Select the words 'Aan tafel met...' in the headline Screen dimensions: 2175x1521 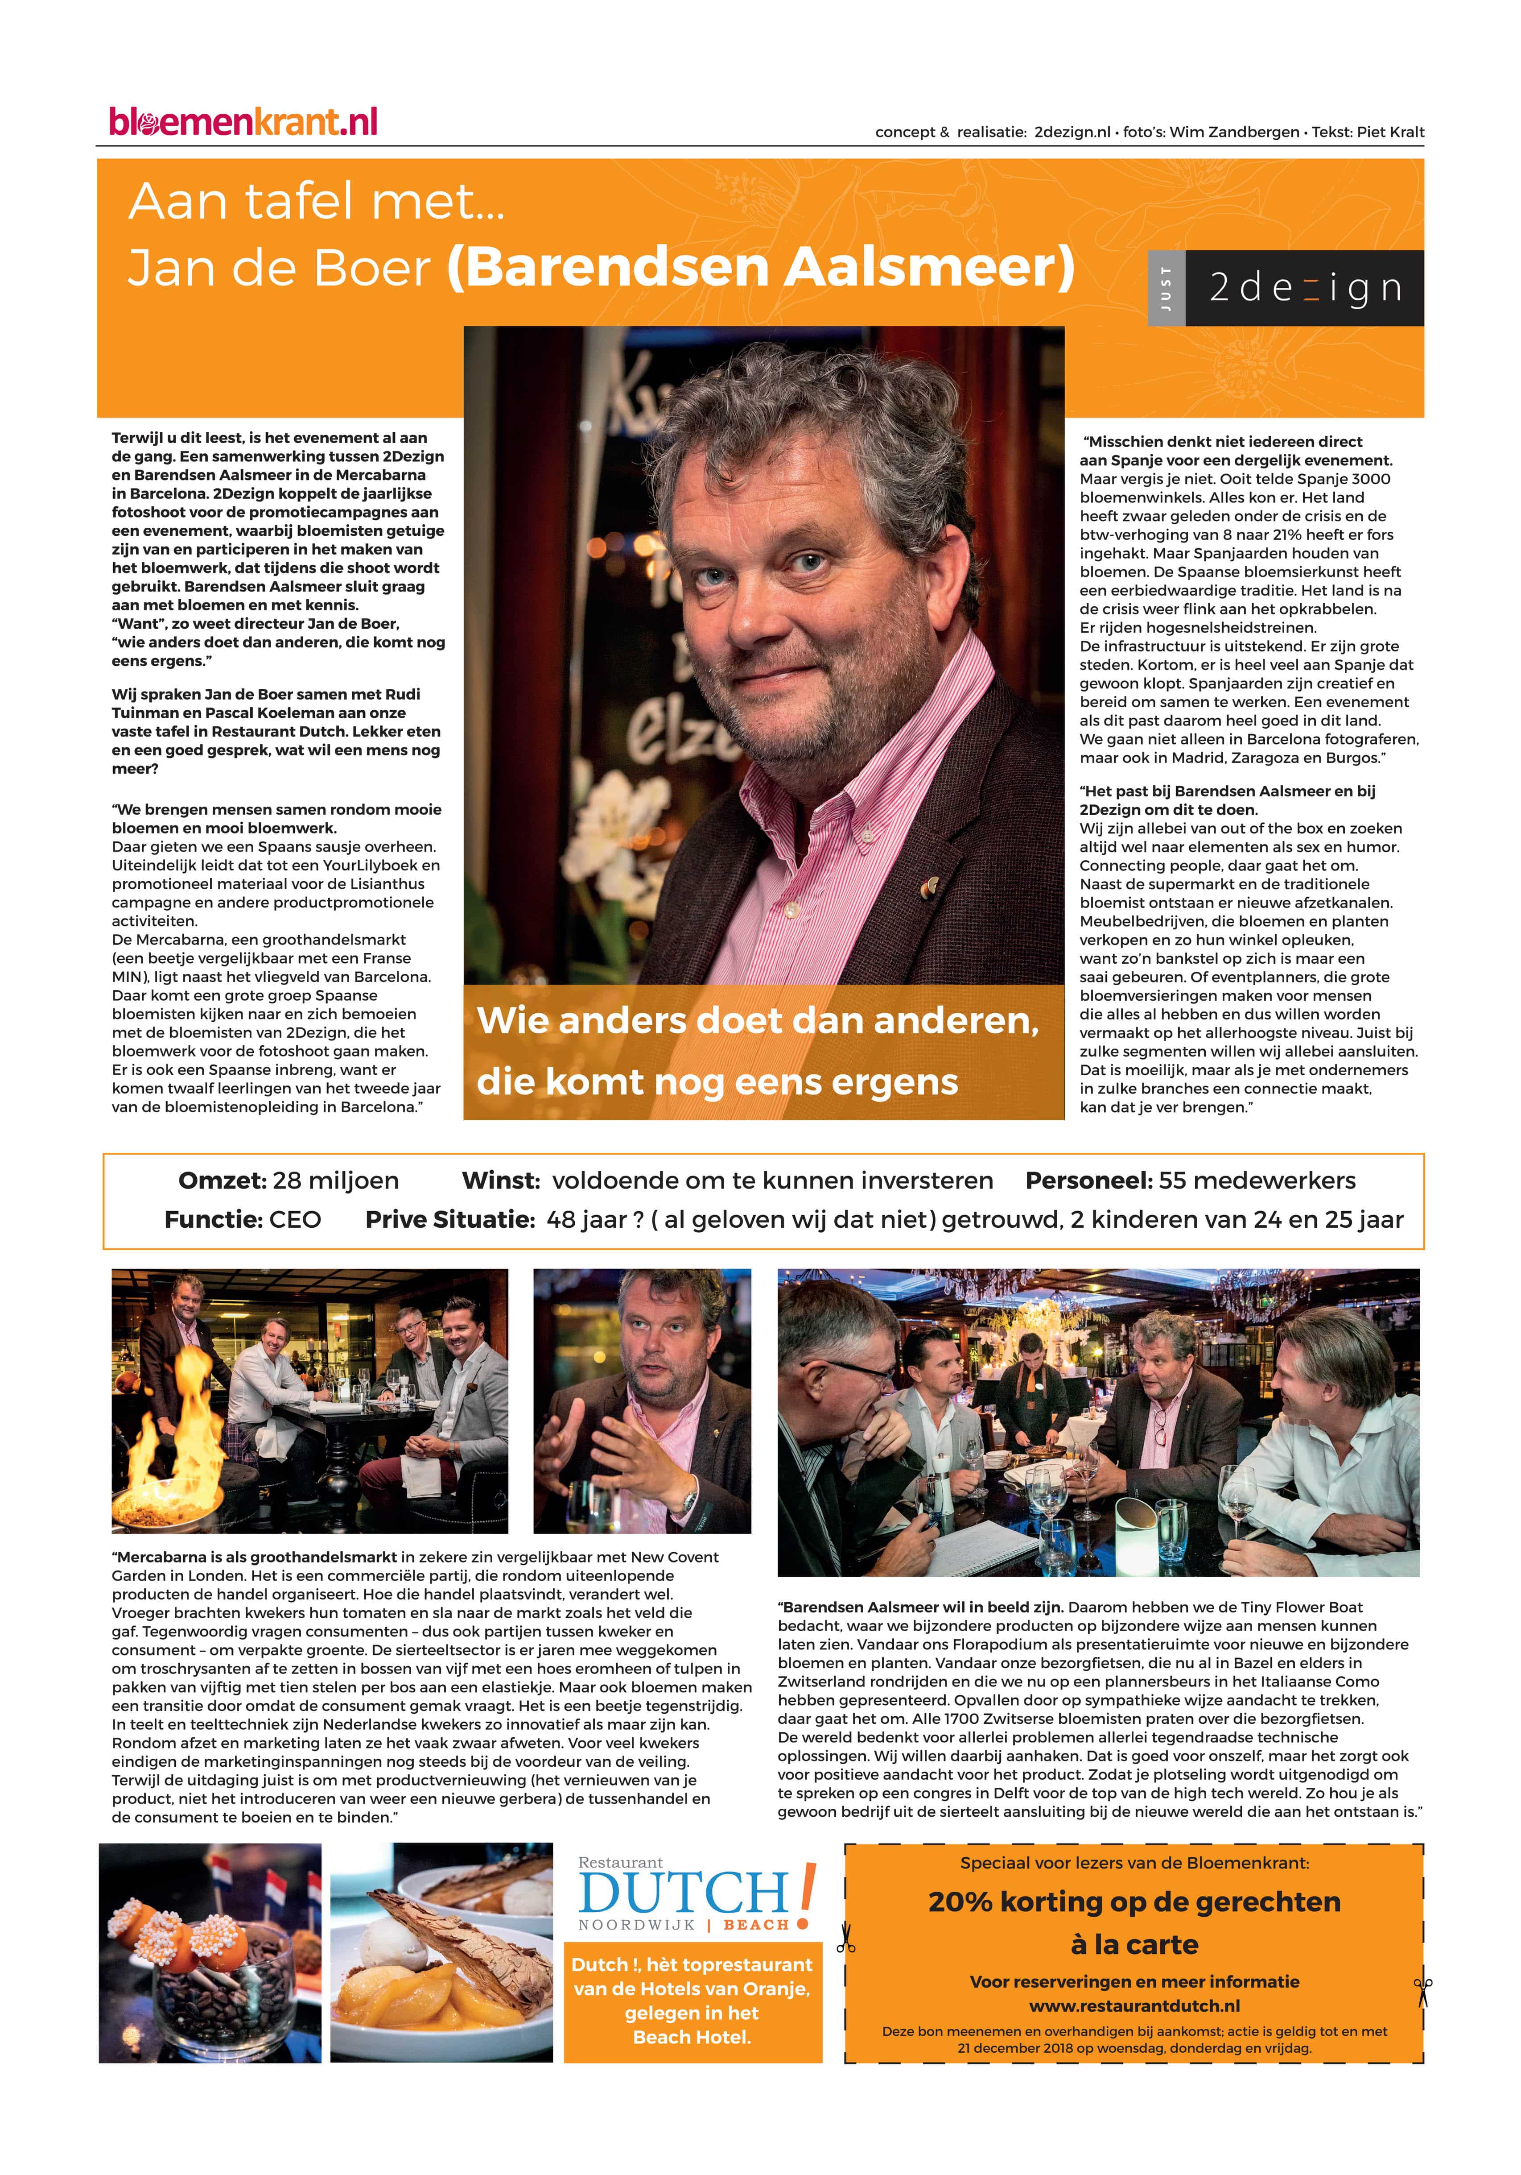[316, 202]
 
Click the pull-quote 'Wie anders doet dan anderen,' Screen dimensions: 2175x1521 [758, 1020]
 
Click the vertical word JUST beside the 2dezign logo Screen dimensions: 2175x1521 [1166, 288]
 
